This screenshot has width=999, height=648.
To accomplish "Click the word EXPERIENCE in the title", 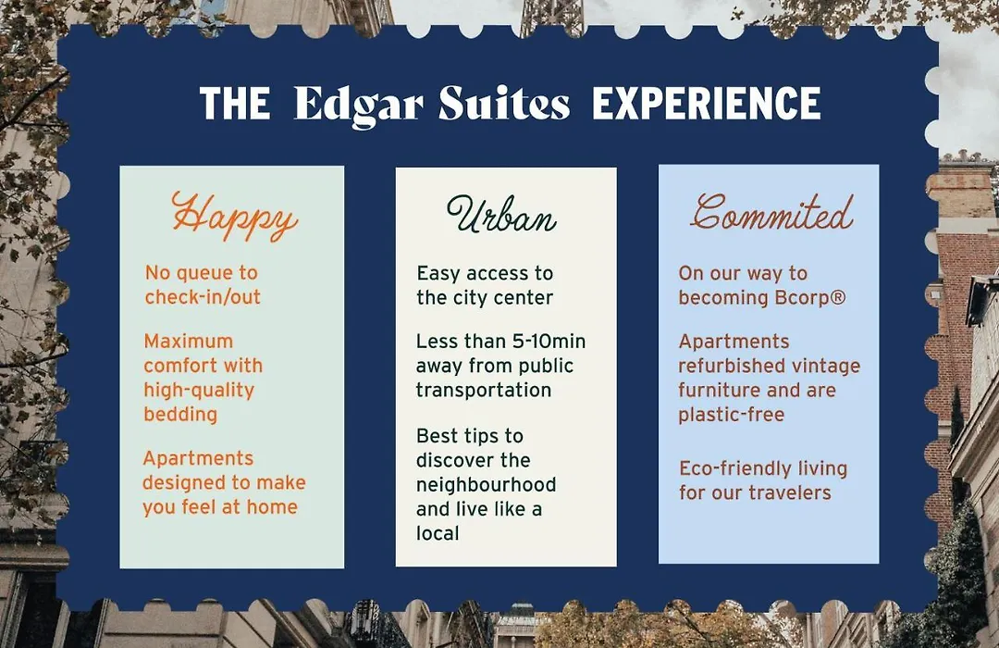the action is point(707,104).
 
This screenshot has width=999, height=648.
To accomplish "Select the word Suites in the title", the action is point(504,104).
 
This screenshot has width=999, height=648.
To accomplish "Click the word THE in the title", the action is point(234,104).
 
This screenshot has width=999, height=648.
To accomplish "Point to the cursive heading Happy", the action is point(234,216).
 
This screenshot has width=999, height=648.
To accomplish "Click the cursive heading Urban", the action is point(501,215).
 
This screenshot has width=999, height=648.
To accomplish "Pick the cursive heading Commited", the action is point(772,212).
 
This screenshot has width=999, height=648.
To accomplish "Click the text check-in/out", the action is point(203,297).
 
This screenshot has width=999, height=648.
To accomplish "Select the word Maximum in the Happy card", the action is point(188,342).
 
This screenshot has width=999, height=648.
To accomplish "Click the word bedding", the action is point(180,415).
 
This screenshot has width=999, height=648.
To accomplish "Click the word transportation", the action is point(484,391).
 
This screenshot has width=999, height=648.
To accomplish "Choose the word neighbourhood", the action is point(487,485).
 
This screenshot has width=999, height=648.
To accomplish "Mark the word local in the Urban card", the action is point(437,533).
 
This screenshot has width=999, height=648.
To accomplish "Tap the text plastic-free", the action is point(731,416).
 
